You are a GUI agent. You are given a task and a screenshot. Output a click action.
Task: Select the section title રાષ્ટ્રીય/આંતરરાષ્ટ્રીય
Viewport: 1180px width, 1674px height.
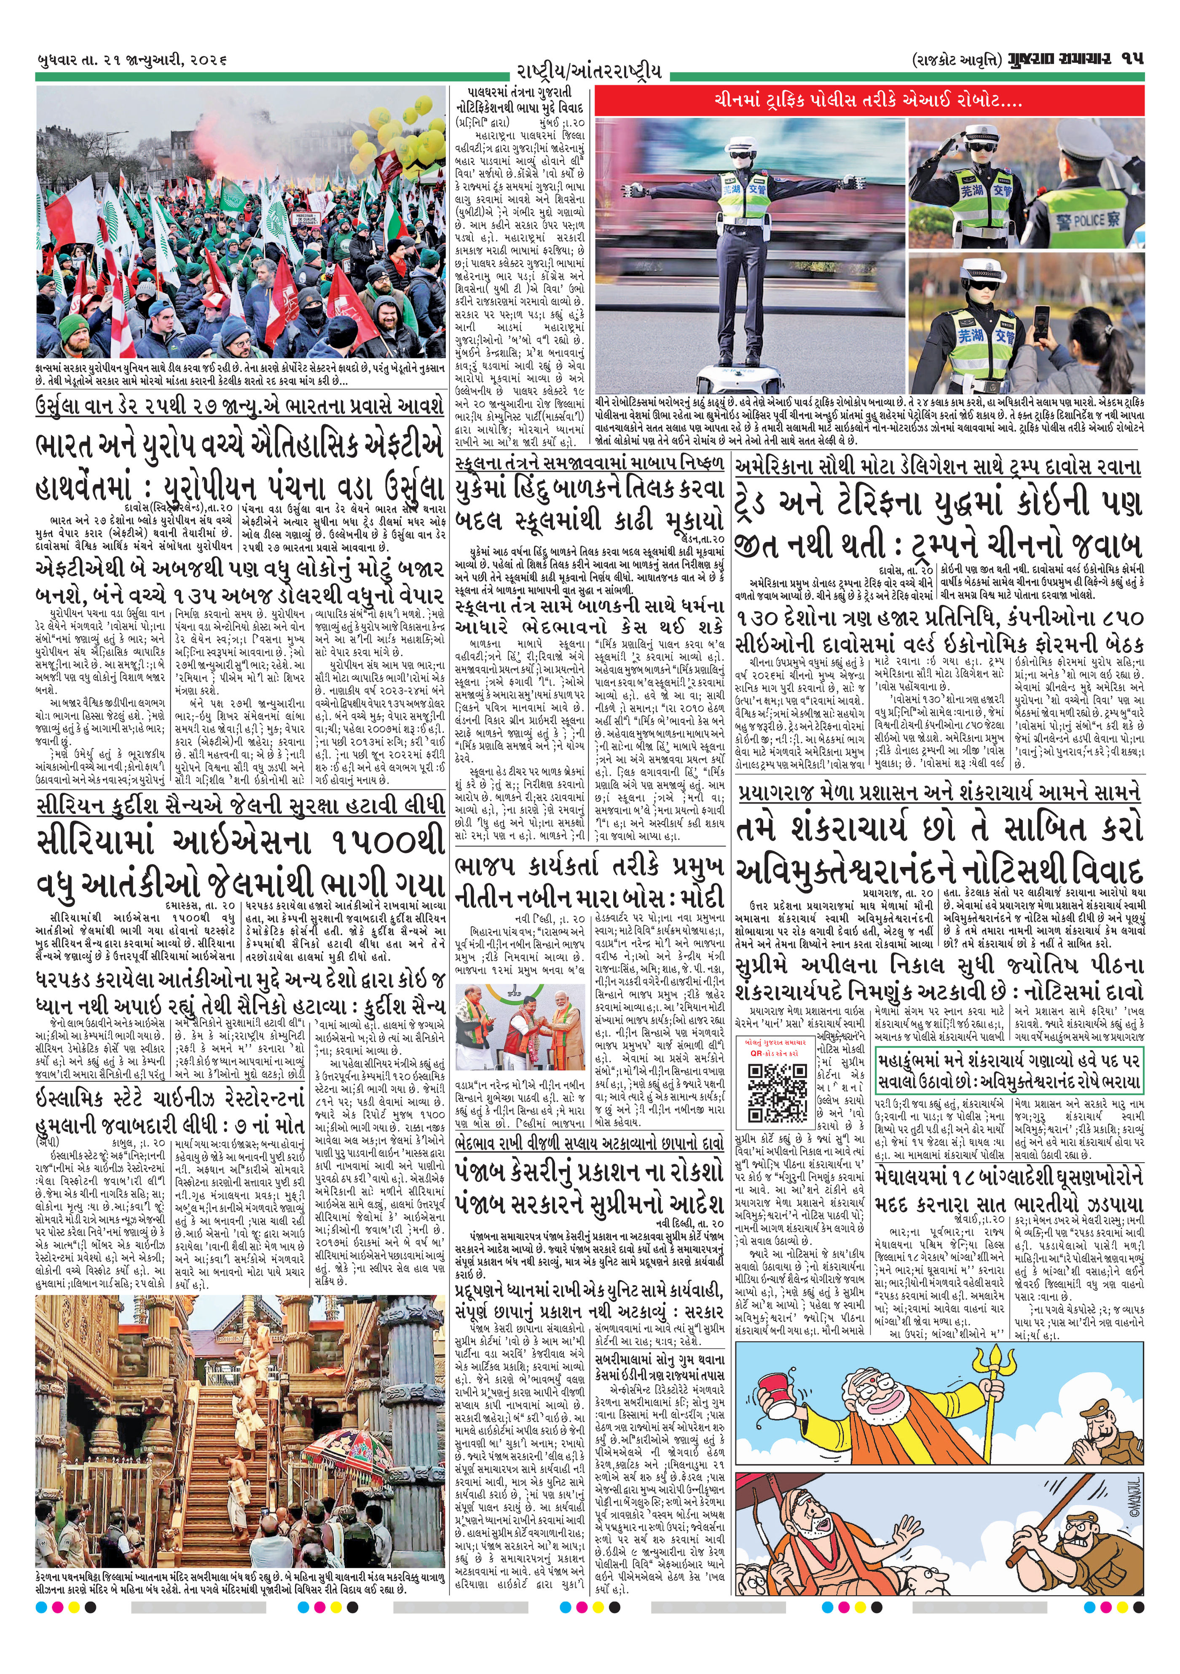pos(589,72)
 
